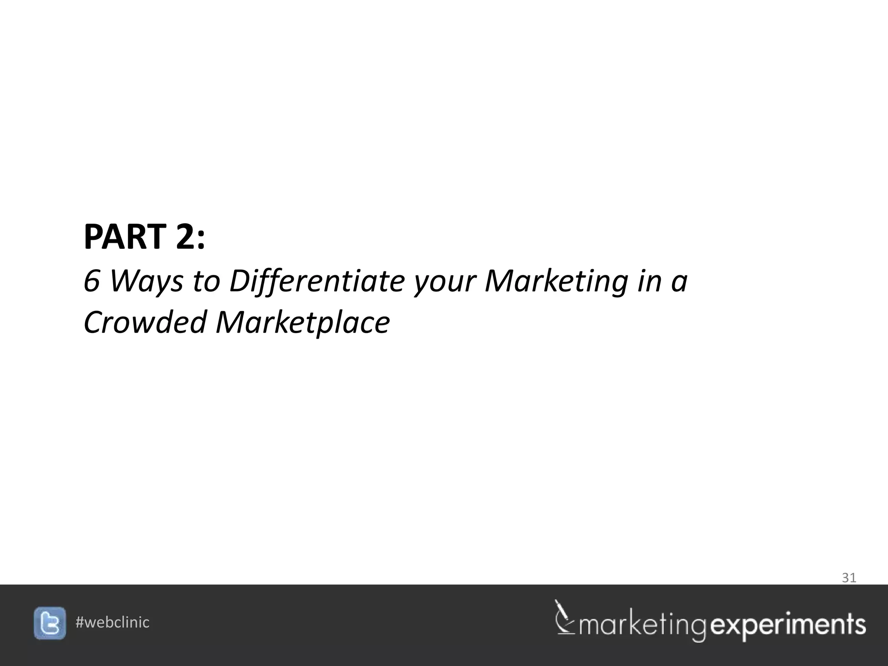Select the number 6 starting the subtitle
(92, 281)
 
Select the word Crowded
(145, 323)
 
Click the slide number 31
(849, 578)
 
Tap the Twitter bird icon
(50, 623)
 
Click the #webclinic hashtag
(112, 623)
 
